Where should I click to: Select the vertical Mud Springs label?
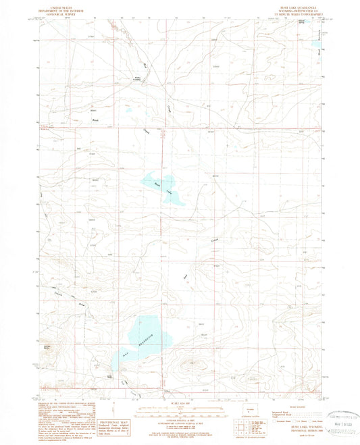click(x=323, y=47)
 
